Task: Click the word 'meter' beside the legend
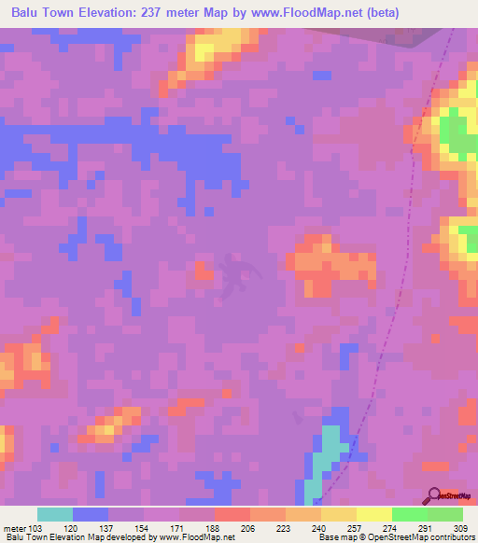[14, 527]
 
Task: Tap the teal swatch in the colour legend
[55, 514]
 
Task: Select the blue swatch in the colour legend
[91, 514]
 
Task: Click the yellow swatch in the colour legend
[373, 514]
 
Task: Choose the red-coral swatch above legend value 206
[232, 514]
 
